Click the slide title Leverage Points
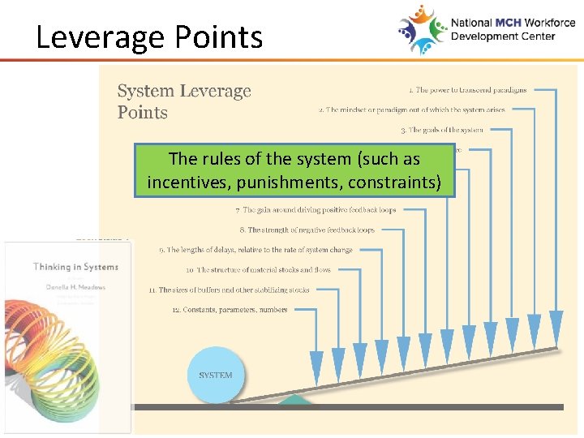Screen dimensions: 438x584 149,37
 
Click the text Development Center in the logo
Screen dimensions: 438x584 503,36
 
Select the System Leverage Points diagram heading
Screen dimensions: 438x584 184,101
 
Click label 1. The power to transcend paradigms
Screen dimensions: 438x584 467,90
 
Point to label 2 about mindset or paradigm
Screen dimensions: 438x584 411,109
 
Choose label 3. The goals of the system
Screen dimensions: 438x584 441,130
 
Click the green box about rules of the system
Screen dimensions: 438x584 294,170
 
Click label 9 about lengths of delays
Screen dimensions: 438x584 255,250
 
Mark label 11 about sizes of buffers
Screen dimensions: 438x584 229,290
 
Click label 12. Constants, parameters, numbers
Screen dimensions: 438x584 230,310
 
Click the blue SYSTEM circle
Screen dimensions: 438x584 216,375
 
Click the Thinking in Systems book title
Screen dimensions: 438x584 75,267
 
